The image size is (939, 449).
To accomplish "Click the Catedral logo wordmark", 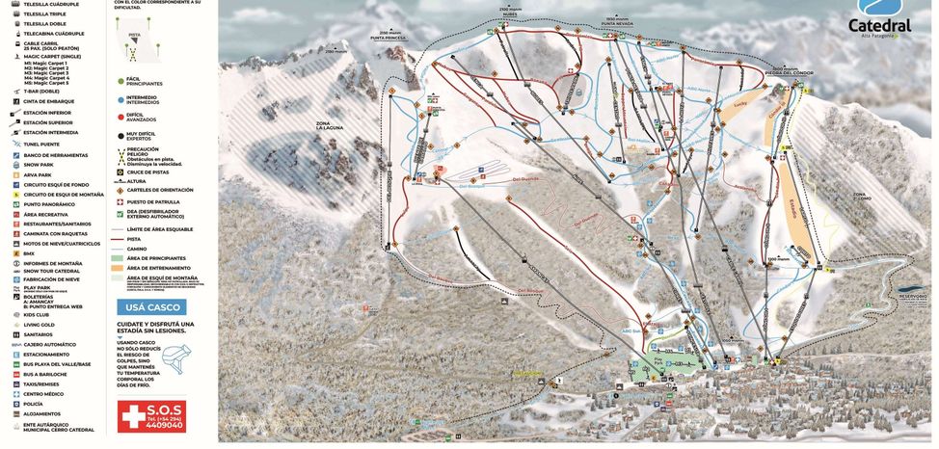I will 879,26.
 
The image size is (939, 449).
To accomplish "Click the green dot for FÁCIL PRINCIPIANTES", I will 121,80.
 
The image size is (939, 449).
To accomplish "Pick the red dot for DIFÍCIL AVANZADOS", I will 121,117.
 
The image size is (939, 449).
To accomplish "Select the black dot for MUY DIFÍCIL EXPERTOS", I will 121,135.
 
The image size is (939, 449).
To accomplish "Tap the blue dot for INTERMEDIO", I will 121,98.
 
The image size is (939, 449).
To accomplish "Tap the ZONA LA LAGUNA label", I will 330,126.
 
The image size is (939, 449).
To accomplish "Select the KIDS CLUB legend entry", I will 40,315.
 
